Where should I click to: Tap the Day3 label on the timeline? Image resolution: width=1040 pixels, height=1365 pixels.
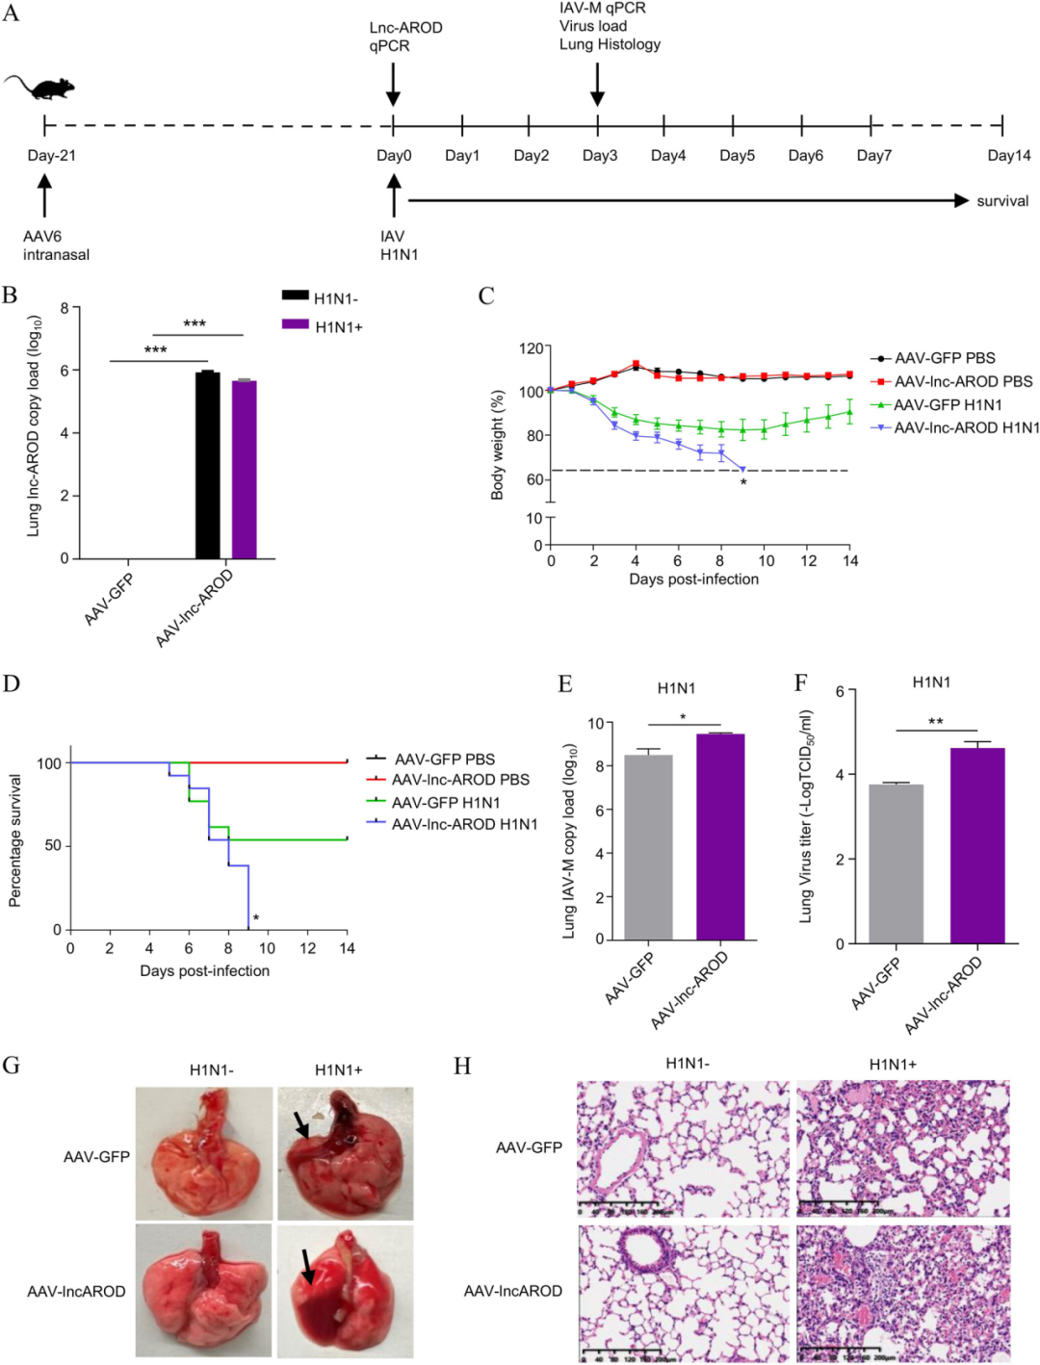599,156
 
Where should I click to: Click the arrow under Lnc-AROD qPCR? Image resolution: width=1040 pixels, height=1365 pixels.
393,86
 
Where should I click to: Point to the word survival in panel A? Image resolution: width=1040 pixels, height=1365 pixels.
1002,201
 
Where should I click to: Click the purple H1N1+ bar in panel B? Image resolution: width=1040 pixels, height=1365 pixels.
244,470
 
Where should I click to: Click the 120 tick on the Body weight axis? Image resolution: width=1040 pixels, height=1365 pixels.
532,348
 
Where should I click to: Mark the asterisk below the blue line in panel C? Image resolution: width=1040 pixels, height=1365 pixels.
743,482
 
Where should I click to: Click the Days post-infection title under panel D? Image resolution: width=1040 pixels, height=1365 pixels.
204,970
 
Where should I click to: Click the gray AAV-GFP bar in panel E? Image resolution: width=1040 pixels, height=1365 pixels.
648,847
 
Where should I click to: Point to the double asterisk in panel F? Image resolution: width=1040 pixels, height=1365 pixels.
935,721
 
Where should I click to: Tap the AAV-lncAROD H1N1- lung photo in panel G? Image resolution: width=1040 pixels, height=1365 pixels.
204,1290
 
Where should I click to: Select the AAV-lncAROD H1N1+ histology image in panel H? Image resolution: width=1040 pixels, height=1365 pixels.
902,1292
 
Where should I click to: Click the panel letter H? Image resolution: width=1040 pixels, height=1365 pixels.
462,1066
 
